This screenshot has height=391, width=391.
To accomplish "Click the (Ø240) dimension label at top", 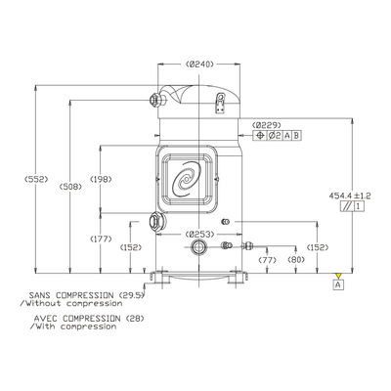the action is coord(199,65).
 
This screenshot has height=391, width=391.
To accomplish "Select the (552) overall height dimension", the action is coord(36,179).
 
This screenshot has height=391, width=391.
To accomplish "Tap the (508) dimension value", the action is coord(70,187).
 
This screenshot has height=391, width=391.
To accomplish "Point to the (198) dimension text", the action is coord(101,179).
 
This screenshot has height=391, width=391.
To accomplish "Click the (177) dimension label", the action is coord(101,239).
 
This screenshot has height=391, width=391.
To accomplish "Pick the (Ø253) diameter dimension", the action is coord(199,234).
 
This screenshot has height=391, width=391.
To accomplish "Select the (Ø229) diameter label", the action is coord(267,125).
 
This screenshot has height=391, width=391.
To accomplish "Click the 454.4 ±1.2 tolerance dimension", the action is coord(350,195).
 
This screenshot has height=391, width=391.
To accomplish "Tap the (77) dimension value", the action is coord(267,260).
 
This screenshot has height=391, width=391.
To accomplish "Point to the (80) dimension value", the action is coord(296,260).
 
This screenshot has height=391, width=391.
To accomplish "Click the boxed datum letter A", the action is coord(339,284).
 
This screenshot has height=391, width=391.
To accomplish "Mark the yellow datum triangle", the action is coord(339,276).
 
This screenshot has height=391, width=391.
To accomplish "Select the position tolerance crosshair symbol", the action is coord(260,136).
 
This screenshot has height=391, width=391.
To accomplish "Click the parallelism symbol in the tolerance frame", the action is coord(346,206).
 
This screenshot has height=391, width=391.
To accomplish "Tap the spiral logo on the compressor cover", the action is coord(187,180).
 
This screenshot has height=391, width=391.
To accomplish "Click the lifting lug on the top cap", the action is coord(220,103).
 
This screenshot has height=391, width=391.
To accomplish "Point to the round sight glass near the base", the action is coord(197,246).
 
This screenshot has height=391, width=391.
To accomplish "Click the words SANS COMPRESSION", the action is coord(71,295).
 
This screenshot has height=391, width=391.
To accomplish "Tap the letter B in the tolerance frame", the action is coord(296,136).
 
